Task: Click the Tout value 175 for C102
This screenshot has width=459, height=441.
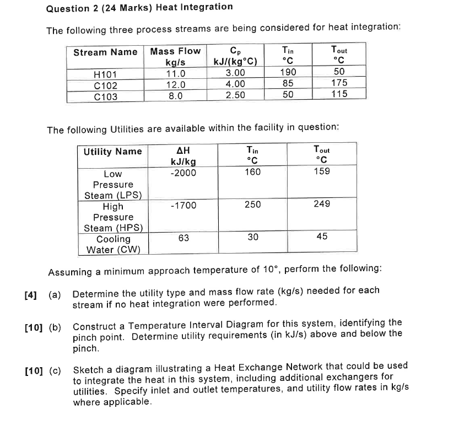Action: click(x=339, y=84)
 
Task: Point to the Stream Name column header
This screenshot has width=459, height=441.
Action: click(x=105, y=52)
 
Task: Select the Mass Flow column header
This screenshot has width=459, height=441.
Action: click(x=176, y=52)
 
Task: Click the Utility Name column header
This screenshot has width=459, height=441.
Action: click(x=112, y=152)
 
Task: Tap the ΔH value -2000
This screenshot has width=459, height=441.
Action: click(x=182, y=173)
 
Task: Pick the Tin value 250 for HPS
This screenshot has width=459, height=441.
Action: click(x=252, y=205)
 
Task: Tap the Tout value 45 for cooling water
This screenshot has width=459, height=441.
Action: click(x=322, y=236)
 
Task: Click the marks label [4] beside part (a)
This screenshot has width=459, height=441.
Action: click(x=31, y=292)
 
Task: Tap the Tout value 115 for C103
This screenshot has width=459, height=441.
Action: click(x=339, y=94)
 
